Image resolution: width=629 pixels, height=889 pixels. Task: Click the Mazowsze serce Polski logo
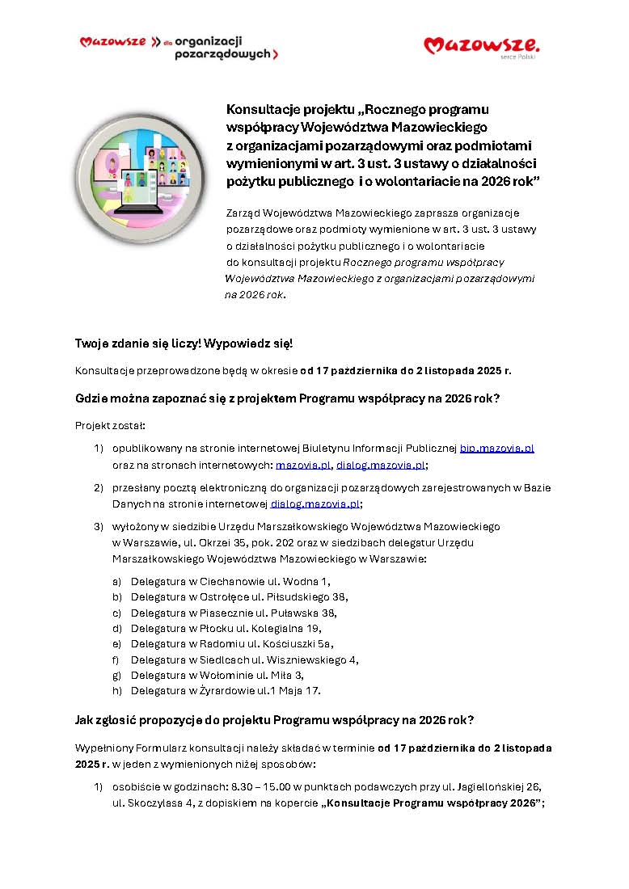coord(481,45)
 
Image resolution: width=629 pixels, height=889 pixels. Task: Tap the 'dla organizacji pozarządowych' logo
coord(179,48)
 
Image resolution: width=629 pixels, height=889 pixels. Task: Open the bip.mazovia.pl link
coord(496,448)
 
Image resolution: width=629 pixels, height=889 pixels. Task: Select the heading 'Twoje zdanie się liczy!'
coord(184,343)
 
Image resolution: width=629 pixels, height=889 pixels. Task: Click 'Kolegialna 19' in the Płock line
coord(287,628)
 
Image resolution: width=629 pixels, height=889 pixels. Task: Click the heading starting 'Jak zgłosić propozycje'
coord(274,719)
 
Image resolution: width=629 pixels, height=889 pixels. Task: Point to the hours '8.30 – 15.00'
coord(240,786)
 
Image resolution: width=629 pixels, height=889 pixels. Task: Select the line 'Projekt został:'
coord(110,425)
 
